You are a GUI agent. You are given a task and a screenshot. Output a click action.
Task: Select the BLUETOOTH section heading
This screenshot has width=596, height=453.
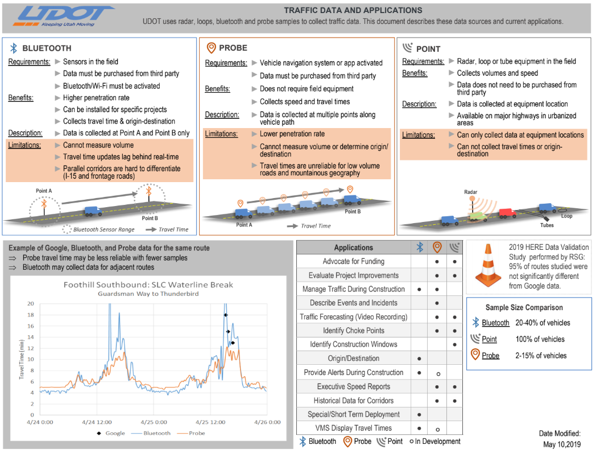47,48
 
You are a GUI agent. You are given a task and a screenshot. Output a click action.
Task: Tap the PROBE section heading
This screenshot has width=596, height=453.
233,48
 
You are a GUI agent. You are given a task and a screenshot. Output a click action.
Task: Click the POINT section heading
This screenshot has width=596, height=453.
428,49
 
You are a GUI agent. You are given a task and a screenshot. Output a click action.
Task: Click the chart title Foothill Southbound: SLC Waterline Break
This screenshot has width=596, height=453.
148,285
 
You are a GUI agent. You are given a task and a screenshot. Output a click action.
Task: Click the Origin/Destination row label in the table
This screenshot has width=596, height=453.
353,359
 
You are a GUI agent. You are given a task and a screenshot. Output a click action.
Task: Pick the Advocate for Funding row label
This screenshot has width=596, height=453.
353,261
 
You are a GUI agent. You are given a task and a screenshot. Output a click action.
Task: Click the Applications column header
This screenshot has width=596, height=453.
353,248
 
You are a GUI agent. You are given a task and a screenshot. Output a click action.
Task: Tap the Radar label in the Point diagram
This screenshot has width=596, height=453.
471,193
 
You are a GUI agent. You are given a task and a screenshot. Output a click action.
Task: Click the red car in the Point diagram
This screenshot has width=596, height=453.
507,213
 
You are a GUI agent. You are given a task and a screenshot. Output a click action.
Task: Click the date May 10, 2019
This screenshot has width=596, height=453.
561,444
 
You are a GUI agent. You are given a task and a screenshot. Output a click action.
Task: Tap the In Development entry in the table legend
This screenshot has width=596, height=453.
437,442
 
